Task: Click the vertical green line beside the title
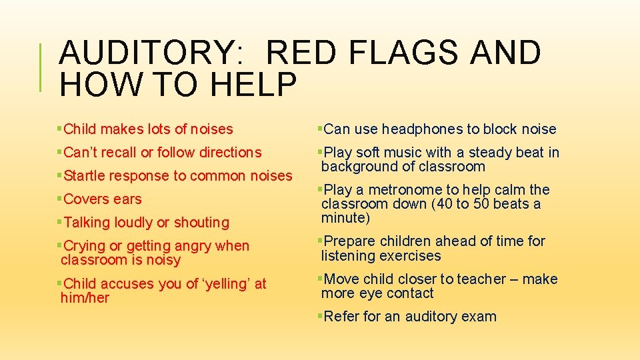43,67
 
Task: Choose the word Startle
84,176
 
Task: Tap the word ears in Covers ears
127,199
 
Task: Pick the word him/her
85,298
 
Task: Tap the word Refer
341,317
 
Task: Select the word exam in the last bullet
479,317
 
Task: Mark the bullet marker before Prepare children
320,241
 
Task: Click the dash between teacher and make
515,279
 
